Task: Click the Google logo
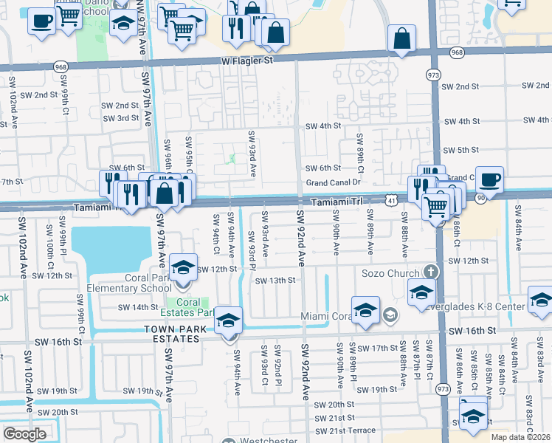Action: (25, 433)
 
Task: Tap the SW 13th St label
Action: (275, 281)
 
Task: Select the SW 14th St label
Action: (139, 307)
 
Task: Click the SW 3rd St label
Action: (121, 118)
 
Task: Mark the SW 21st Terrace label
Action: (345, 430)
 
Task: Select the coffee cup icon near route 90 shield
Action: (489, 180)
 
